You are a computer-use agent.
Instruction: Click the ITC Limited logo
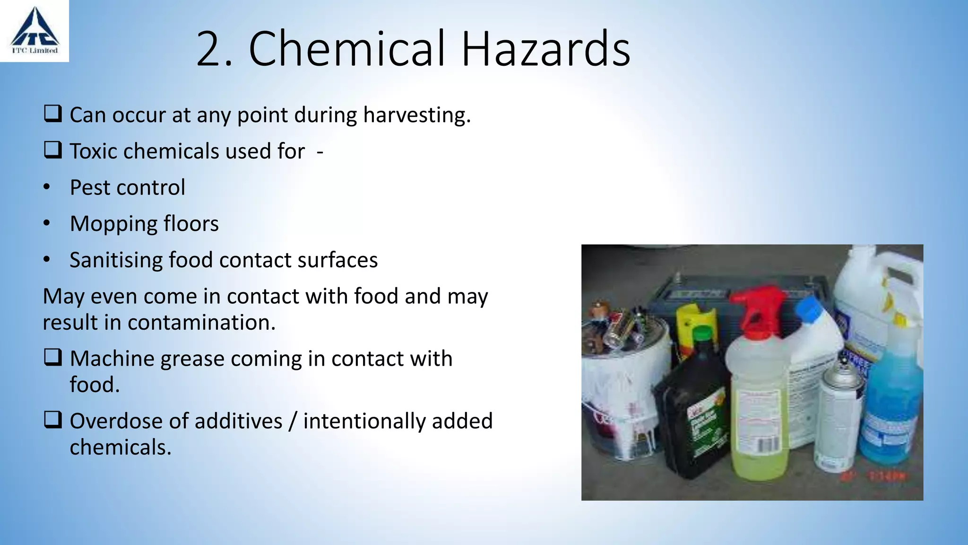coord(35,31)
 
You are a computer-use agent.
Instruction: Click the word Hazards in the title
coord(545,49)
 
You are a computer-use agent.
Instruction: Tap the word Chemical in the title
coord(347,49)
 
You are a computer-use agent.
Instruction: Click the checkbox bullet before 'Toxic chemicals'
coord(52,150)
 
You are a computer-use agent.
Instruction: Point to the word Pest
coord(90,188)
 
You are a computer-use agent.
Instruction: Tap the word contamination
coord(201,323)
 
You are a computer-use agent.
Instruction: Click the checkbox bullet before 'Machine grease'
coord(52,358)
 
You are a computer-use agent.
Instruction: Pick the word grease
coord(192,359)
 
